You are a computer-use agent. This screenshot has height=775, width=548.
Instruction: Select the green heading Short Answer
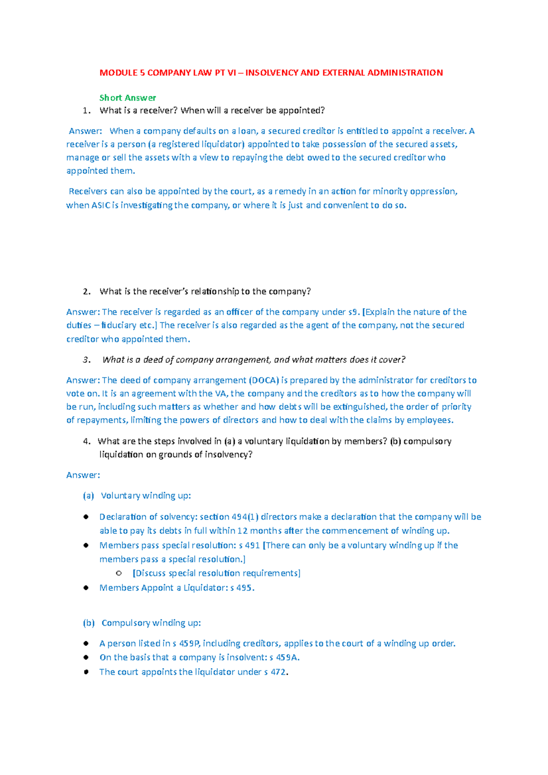click(127, 98)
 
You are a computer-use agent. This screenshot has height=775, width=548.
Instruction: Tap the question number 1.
click(86, 110)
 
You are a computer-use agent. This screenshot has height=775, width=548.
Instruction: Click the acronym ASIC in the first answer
click(101, 205)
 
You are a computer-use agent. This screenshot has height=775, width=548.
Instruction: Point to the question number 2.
click(86, 292)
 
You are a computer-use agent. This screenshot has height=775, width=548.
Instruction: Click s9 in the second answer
click(353, 312)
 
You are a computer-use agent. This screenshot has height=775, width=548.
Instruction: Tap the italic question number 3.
click(86, 360)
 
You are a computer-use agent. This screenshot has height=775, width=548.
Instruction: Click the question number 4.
click(86, 441)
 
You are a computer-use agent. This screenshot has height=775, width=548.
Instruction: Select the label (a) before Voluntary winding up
click(88, 496)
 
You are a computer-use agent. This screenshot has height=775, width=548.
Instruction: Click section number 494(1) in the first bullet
click(245, 517)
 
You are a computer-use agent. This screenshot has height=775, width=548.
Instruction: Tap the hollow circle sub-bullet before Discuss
click(119, 573)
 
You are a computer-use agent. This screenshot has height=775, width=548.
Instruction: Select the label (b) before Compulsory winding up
click(89, 623)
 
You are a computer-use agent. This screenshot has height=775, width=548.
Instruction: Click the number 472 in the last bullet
click(278, 672)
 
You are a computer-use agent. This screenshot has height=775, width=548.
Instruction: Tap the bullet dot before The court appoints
click(86, 672)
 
